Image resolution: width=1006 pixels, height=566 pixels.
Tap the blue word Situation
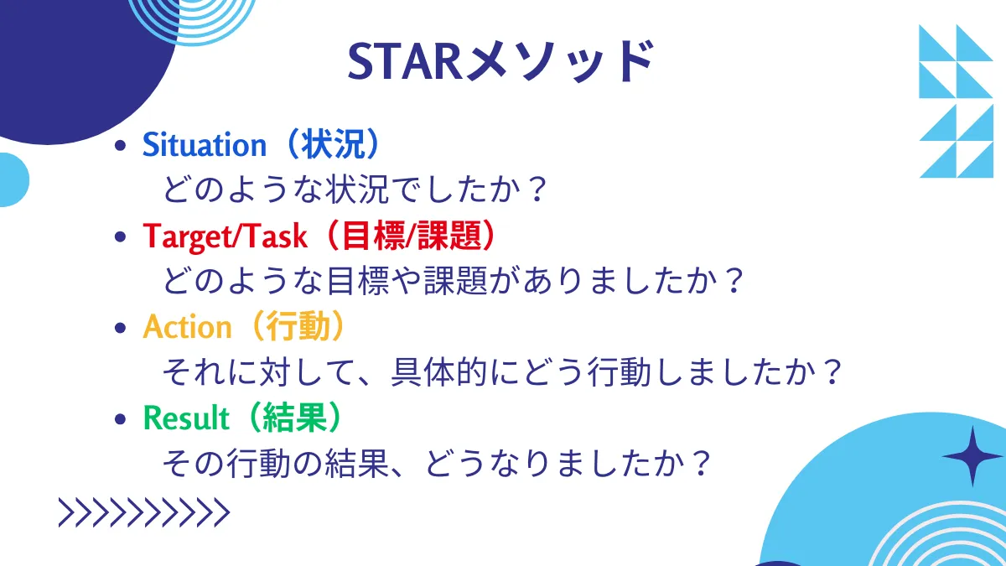pos(204,145)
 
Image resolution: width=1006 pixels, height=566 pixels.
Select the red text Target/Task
pos(226,236)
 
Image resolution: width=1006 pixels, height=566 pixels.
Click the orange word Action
pos(187,327)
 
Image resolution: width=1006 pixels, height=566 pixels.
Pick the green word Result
pos(187,417)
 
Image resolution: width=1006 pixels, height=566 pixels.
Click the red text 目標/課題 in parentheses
pos(411,236)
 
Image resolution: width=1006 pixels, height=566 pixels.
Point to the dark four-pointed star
pos(972,456)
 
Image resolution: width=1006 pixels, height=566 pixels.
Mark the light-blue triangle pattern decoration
pos(956,101)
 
